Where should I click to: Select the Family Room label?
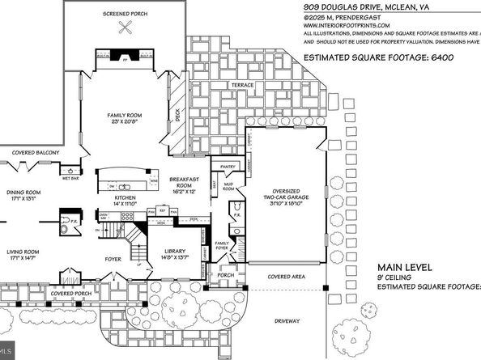pos(125,116)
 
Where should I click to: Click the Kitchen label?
pos(125,197)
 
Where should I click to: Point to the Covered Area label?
pos(286,277)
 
